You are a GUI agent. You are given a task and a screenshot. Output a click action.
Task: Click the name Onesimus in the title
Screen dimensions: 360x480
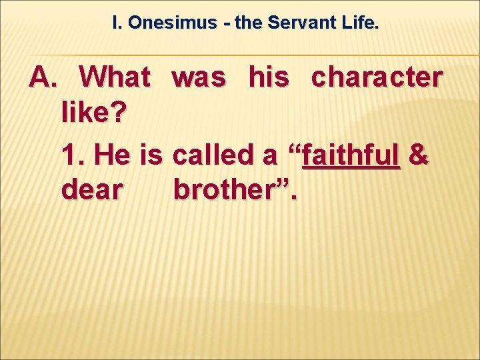click(x=173, y=23)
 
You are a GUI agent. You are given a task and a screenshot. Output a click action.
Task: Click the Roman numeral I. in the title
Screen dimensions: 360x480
click(x=117, y=23)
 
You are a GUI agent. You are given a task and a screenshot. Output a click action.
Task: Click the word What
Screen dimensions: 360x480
click(x=115, y=78)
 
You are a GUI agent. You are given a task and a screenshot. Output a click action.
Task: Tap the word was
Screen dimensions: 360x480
click(x=199, y=78)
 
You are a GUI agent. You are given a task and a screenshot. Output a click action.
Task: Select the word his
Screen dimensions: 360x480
click(x=270, y=78)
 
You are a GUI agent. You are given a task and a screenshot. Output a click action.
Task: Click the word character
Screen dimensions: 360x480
click(x=377, y=78)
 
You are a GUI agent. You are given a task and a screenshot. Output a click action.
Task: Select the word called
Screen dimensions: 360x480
click(x=213, y=155)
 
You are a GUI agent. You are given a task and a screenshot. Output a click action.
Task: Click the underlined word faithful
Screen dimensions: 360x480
click(x=351, y=155)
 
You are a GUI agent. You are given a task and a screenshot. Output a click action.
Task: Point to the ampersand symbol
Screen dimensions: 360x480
click(x=418, y=155)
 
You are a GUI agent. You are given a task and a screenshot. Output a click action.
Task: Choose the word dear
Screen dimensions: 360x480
click(x=91, y=191)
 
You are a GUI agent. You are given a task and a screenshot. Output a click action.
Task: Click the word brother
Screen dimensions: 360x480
click(x=227, y=191)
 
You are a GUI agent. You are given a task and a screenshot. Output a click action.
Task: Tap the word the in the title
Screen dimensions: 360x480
click(x=249, y=23)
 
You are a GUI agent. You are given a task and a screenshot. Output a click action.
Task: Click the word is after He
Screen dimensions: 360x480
click(x=152, y=155)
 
